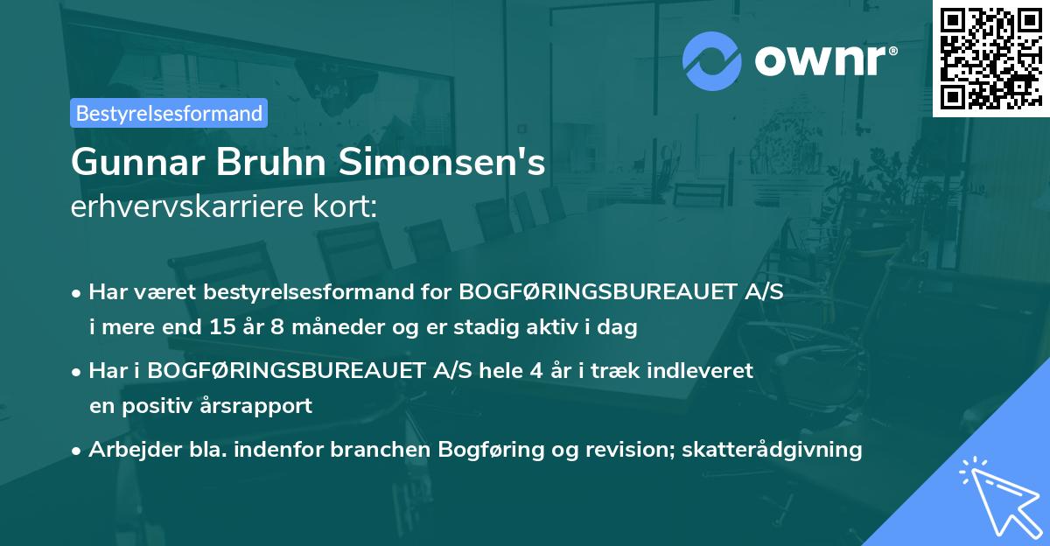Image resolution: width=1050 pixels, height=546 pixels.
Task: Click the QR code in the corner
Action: click(x=990, y=58)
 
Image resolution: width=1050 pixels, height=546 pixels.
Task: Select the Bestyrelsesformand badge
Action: click(x=169, y=113)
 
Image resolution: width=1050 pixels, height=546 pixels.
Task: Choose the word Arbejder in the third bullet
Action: click(x=129, y=450)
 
